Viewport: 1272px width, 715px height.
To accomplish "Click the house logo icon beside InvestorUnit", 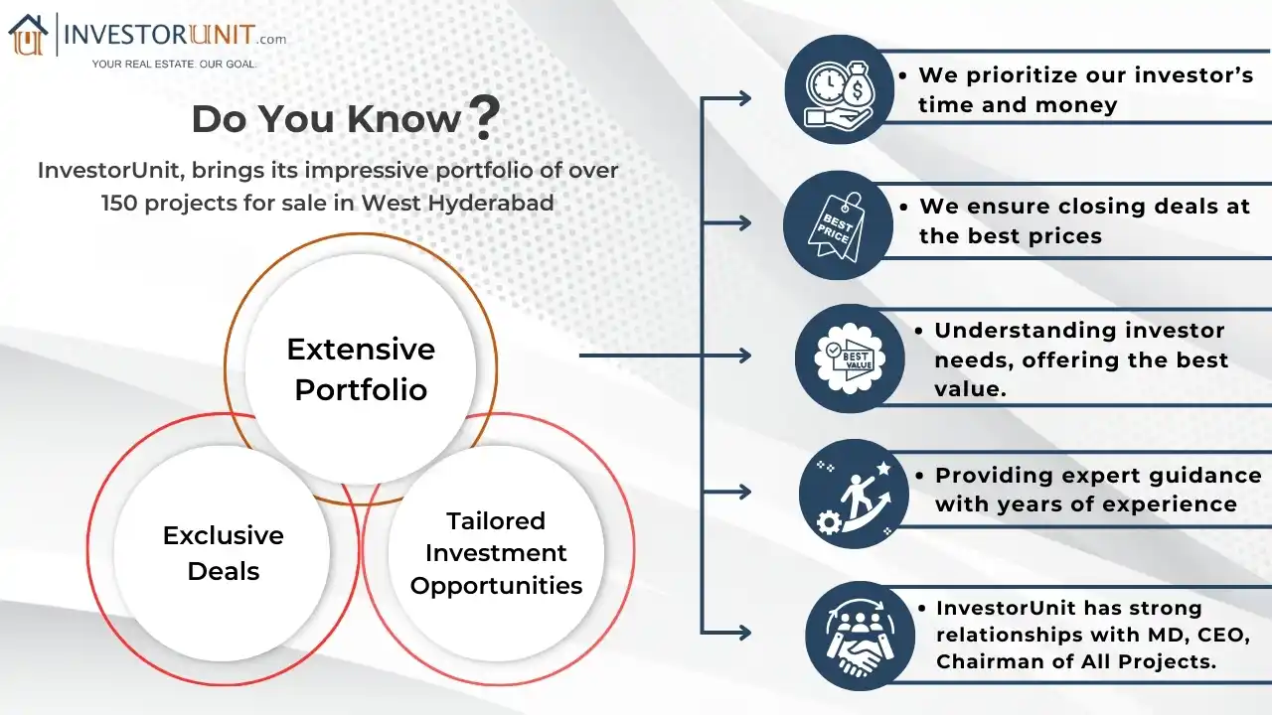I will pos(28,36).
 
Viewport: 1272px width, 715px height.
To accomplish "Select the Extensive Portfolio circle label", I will pos(361,368).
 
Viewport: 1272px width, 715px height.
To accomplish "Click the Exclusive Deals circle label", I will pos(224,553).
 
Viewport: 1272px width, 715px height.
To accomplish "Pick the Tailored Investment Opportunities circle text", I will pos(496,553).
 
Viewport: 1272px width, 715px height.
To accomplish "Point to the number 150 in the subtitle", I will pos(121,203).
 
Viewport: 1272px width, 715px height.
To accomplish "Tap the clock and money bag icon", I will pos(839,90).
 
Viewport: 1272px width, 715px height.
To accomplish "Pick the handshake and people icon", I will pos(860,636).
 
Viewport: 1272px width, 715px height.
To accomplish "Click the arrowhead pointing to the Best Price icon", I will pos(744,224).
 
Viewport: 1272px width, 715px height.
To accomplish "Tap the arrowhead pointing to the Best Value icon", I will pos(744,356).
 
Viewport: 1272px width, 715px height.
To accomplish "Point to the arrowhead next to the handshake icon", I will pos(744,631).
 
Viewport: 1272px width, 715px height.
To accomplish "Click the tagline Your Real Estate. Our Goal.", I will pos(174,64).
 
